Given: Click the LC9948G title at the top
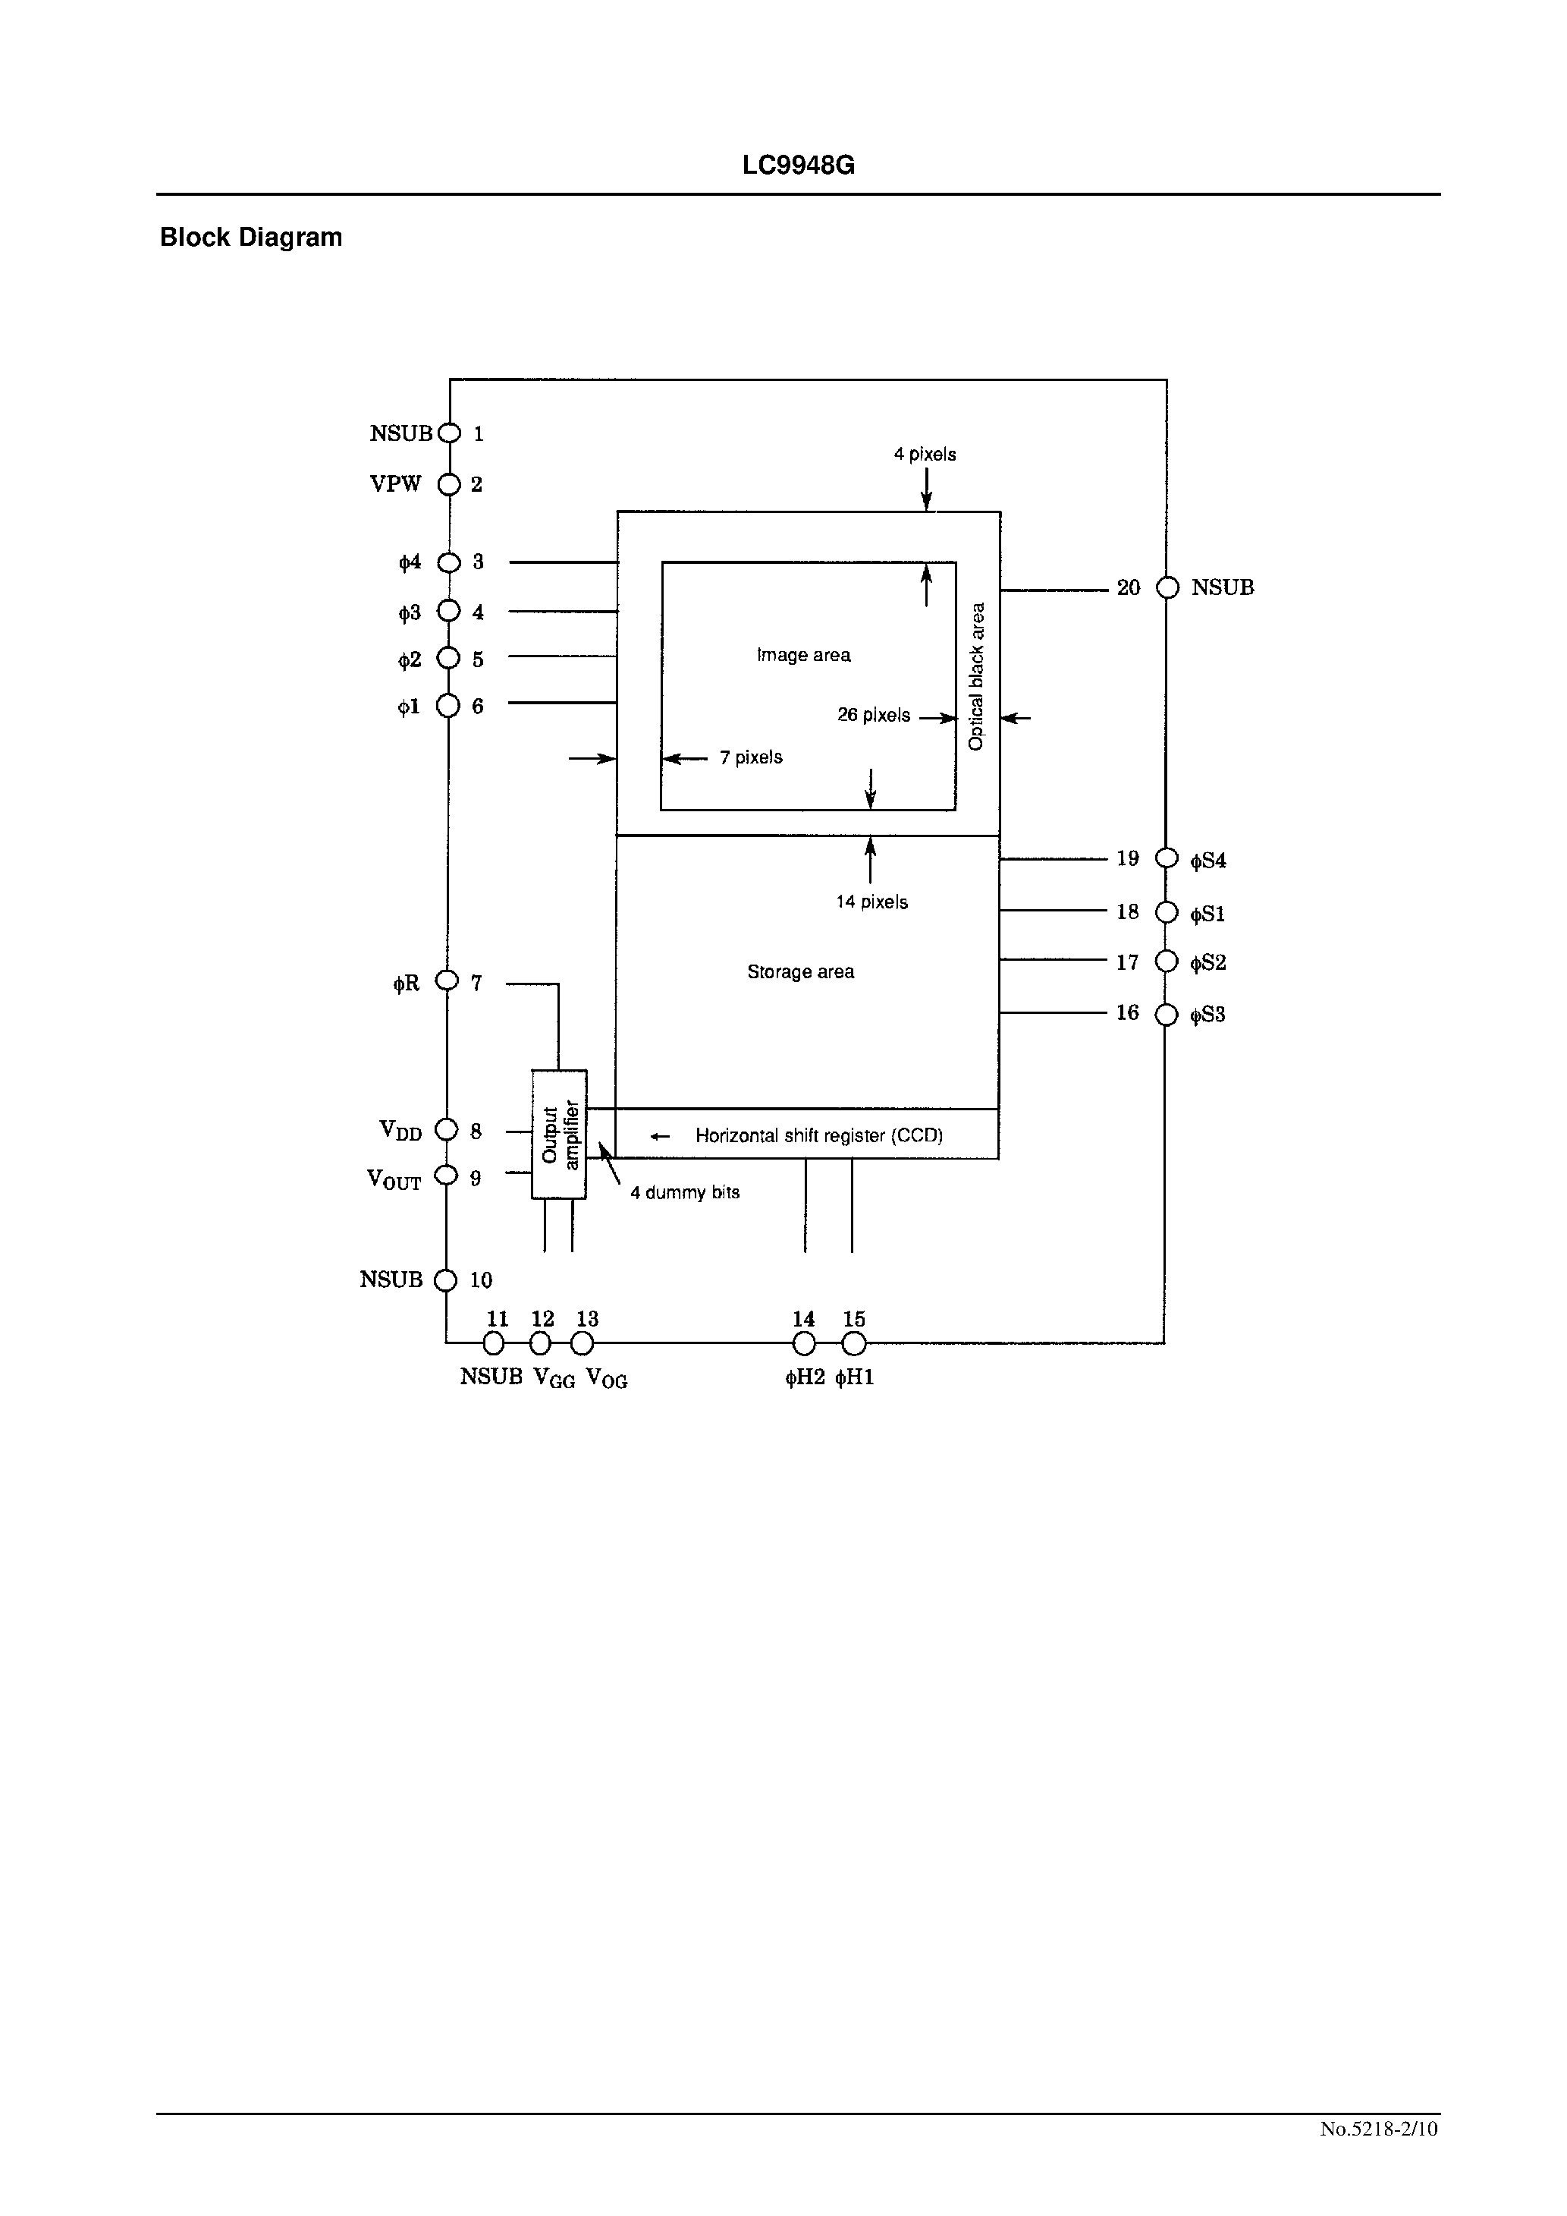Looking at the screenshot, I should click(798, 166).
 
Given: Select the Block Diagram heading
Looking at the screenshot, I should click(251, 238).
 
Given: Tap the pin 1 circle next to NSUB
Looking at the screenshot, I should click(450, 433).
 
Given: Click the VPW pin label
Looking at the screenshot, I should click(396, 484).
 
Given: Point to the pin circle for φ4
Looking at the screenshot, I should click(450, 562).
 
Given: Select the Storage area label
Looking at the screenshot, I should click(800, 972).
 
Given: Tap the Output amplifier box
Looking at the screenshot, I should click(559, 1134).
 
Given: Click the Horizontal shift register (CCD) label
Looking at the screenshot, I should click(818, 1136).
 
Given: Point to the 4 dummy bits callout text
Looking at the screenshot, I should click(684, 1193).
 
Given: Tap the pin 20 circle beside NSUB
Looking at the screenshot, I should click(1167, 588).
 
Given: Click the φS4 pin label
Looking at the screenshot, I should click(1208, 861).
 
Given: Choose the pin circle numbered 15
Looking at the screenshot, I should click(853, 1343).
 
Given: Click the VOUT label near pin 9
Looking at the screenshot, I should click(394, 1179).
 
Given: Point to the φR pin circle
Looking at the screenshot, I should click(447, 981).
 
